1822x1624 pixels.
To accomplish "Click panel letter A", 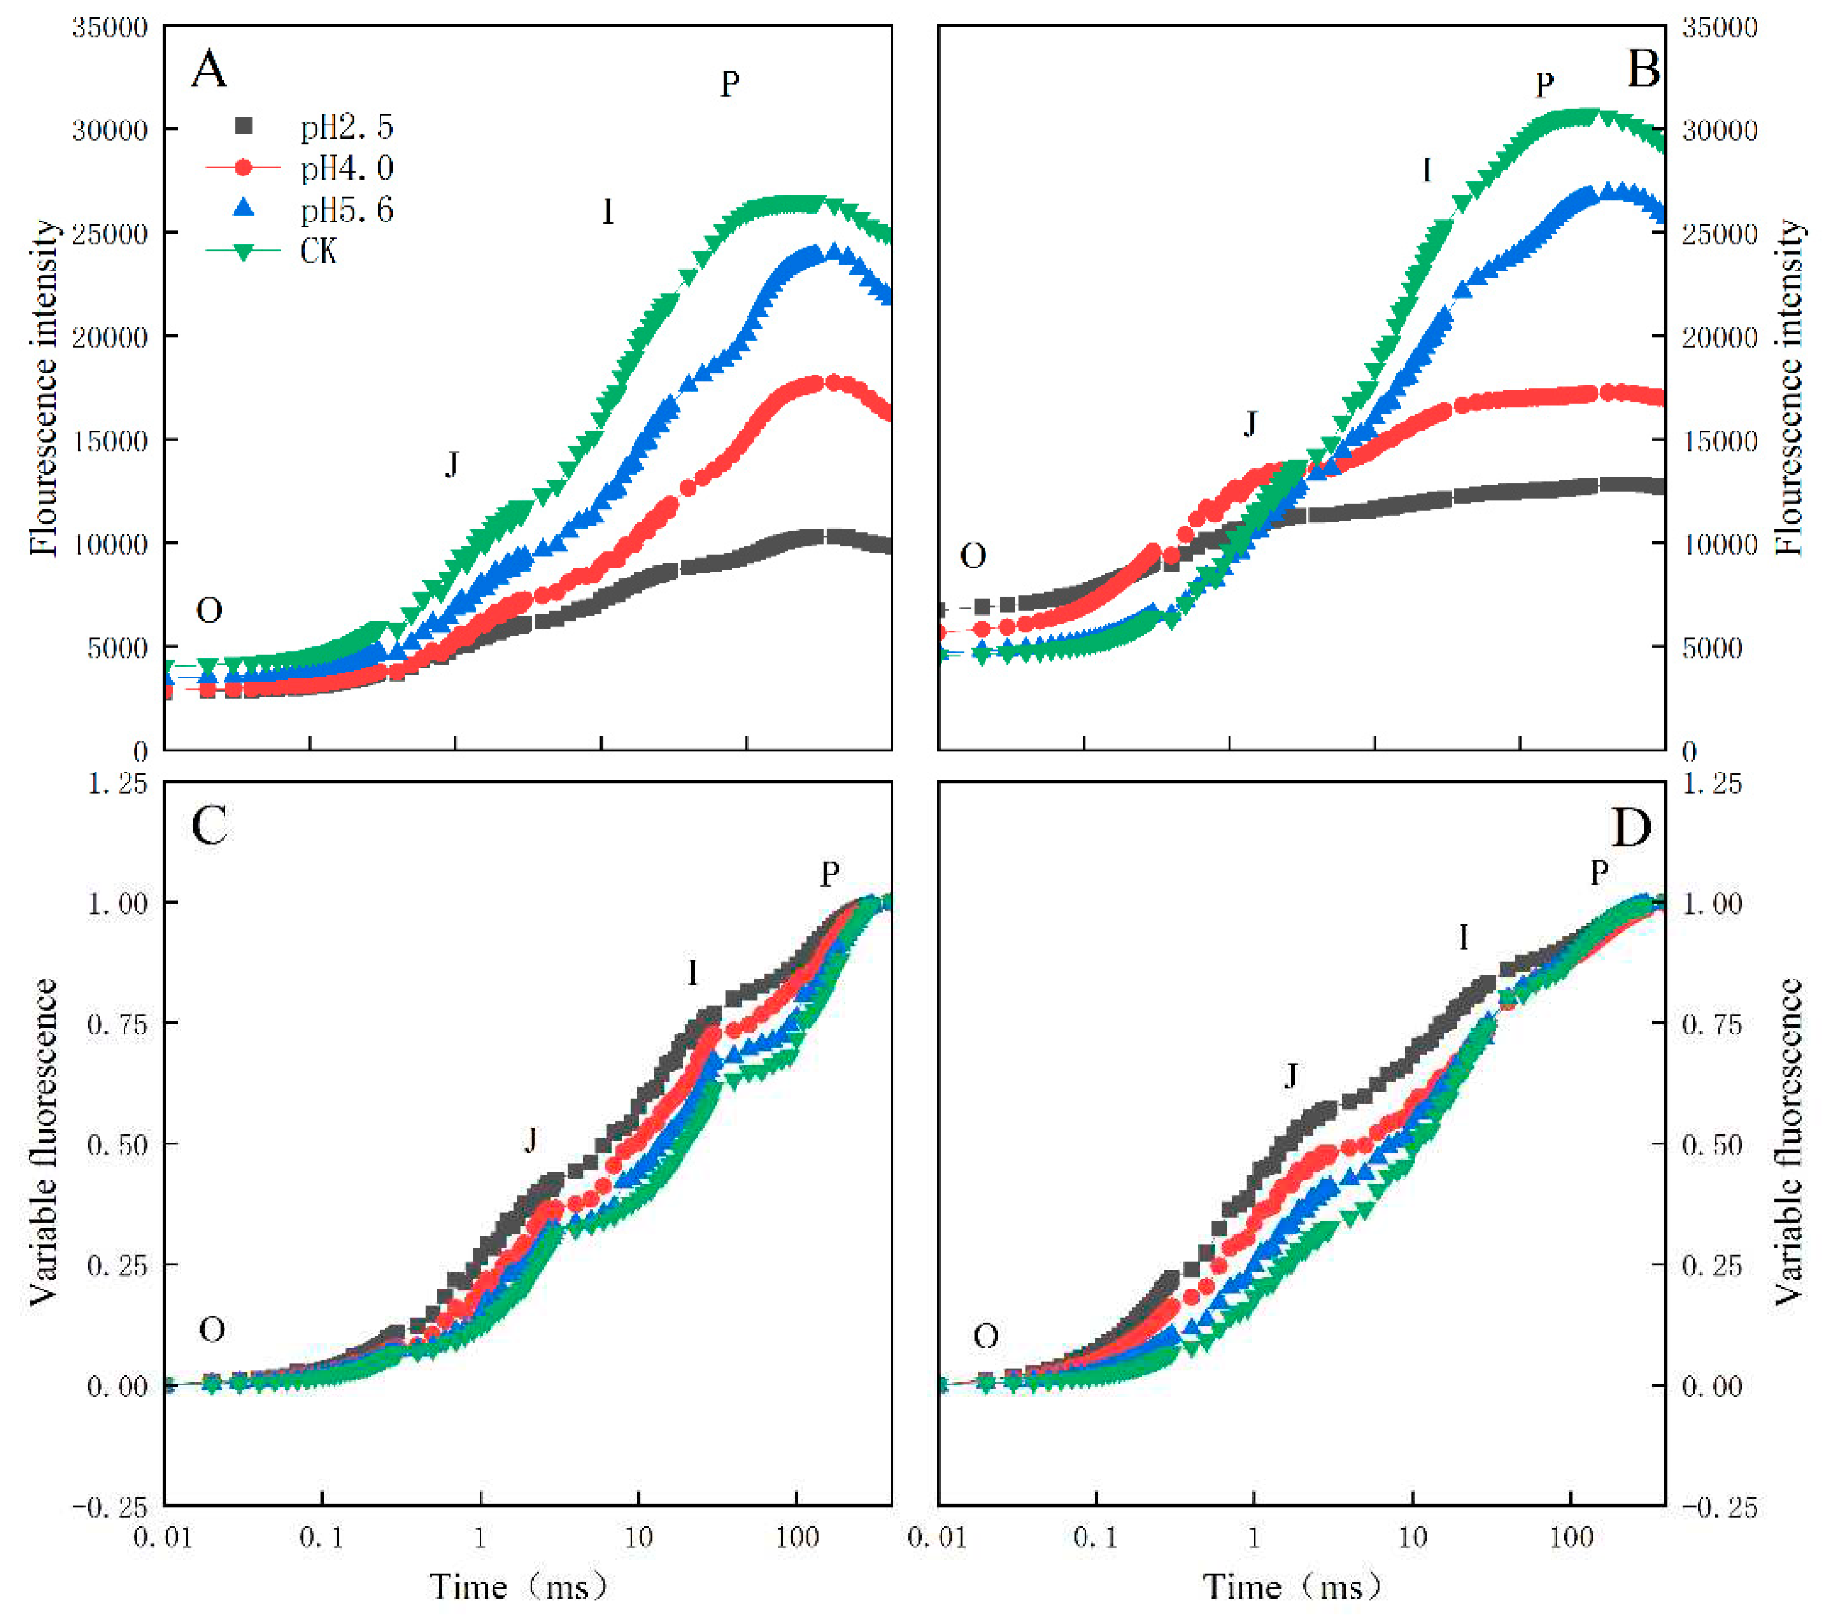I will coord(210,70).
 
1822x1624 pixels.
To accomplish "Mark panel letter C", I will coord(210,826).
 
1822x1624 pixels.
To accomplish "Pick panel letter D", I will coord(1631,828).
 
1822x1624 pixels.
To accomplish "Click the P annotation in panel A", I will coord(730,84).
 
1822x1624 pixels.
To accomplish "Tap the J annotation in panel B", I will coord(1251,424).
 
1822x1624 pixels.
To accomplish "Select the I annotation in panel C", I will coord(693,973).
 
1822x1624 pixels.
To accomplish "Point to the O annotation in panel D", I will coord(985,1336).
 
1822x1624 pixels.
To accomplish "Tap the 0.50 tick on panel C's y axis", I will coord(117,1144).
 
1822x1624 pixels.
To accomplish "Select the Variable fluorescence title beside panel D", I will coord(1787,1142).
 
